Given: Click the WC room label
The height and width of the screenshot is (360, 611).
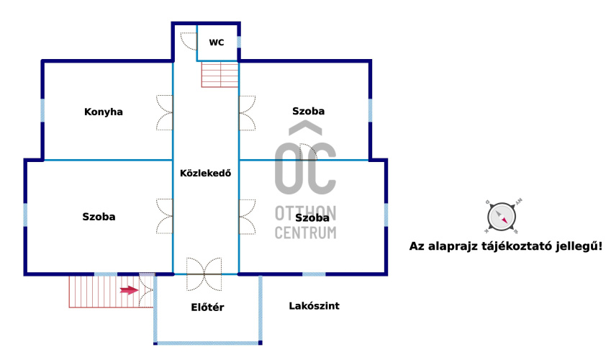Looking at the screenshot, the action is (217, 42).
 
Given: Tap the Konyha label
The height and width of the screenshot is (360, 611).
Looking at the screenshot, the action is (103, 112).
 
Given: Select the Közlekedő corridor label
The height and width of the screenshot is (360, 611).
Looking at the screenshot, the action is (205, 173).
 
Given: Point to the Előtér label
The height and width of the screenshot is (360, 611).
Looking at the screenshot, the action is (207, 307).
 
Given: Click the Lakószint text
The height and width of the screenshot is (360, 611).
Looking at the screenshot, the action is (314, 306).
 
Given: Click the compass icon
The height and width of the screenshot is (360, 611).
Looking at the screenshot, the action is (502, 217).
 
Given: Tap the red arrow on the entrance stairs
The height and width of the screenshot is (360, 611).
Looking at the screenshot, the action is (129, 290).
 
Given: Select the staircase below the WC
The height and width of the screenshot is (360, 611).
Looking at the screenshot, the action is (219, 74).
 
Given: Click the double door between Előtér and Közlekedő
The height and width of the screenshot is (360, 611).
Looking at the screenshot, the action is (204, 274).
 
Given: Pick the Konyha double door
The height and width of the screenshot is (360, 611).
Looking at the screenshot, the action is (164, 113).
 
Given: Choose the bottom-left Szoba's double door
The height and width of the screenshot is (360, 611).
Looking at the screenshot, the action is (164, 217).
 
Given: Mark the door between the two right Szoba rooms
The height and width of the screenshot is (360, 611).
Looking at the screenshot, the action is (308, 152).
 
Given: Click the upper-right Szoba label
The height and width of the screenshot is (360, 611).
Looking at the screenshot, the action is (308, 111).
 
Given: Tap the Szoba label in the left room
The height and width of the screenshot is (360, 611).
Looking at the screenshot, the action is (99, 217).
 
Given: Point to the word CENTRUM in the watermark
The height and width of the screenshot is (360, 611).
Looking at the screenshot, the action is (305, 233).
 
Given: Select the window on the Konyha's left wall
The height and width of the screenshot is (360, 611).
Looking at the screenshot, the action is (42, 110).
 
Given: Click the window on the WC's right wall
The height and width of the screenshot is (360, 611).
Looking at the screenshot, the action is (239, 42).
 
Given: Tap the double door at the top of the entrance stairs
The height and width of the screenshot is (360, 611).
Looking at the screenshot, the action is (147, 290).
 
